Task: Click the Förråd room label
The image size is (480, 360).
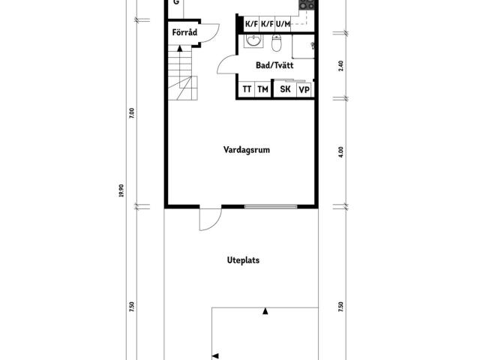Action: tap(184, 32)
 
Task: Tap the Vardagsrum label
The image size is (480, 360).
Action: tap(247, 150)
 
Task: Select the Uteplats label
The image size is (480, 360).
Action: tap(243, 260)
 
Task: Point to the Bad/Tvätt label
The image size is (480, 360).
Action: tap(274, 65)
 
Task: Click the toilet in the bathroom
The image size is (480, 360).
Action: tap(277, 43)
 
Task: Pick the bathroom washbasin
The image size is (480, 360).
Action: tap(253, 40)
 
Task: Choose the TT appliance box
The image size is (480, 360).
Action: tap(247, 89)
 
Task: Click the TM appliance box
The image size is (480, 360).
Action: tap(262, 89)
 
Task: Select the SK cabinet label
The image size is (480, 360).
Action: tap(285, 89)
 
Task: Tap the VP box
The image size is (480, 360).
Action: tap(304, 90)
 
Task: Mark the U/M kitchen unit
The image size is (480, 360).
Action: tap(283, 24)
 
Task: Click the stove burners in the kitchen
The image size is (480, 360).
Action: tap(307, 4)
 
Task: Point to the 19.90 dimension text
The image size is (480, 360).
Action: tap(121, 190)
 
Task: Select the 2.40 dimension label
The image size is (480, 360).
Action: tap(341, 66)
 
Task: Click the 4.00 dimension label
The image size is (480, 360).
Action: tap(341, 152)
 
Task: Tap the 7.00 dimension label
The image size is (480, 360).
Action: tap(132, 113)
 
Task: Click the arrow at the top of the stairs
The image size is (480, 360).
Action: tap(180, 48)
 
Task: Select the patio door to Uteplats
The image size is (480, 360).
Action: tap(210, 219)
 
